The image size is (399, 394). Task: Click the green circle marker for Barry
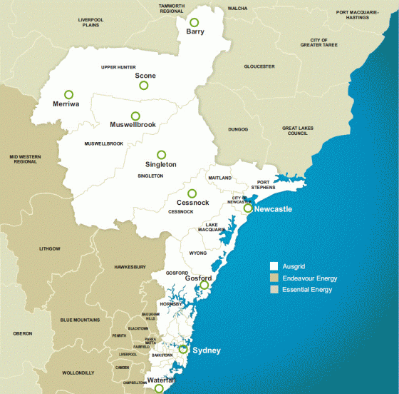tap(194, 23)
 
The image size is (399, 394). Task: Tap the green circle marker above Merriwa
tap(68, 94)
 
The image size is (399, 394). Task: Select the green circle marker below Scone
tap(143, 86)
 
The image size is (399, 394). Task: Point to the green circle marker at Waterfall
tap(158, 390)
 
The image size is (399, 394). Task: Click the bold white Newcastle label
tap(273, 209)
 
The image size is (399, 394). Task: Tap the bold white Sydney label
tap(207, 350)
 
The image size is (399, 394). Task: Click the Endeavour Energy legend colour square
tap(273, 278)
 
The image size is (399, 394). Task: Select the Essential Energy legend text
tap(307, 290)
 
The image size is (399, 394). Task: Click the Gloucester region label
tap(259, 66)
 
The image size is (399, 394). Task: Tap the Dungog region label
tap(238, 129)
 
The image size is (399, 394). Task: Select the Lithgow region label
tap(49, 248)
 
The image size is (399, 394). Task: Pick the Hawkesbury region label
tap(130, 267)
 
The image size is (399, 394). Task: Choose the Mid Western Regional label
tap(23, 158)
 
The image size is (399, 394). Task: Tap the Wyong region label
tap(197, 253)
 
